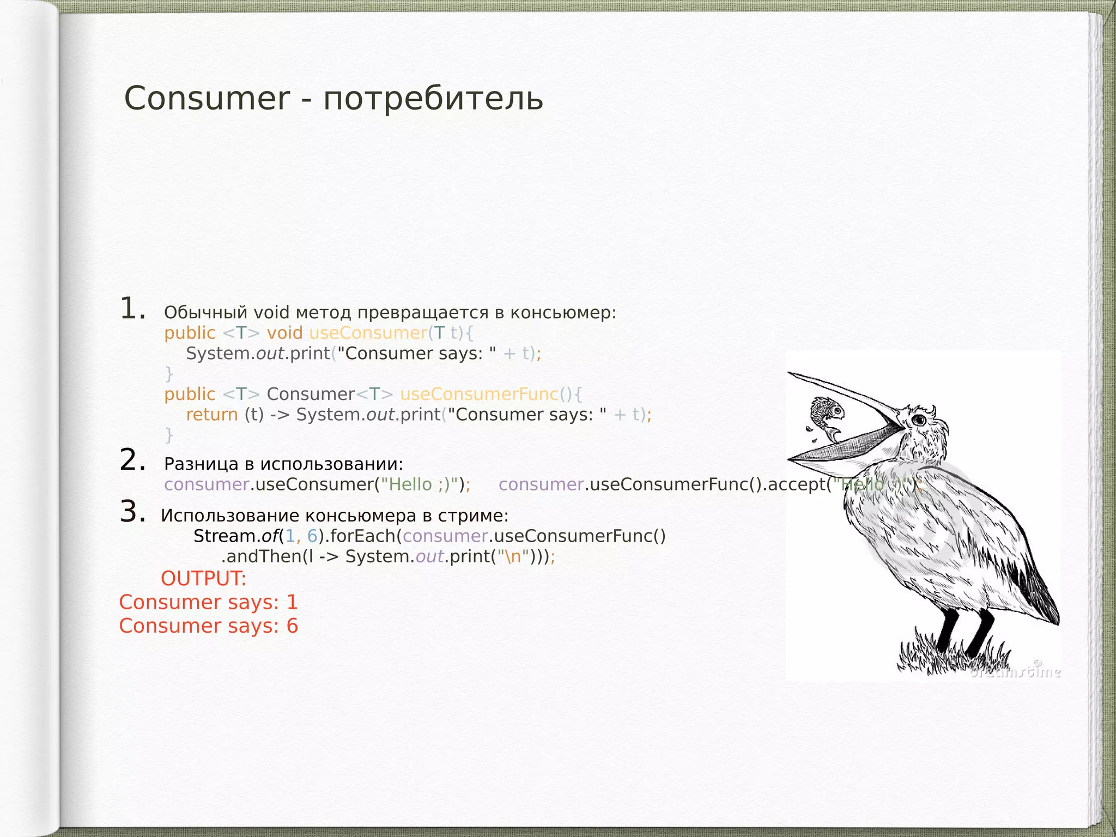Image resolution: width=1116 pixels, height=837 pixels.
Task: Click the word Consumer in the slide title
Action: [207, 99]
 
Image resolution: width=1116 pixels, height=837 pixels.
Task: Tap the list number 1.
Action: [132, 309]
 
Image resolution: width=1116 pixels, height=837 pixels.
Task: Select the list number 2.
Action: [132, 460]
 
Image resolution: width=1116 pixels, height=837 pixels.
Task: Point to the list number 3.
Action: [132, 512]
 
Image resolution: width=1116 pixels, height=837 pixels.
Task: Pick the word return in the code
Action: [212, 415]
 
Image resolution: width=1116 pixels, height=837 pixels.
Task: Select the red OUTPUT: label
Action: [203, 579]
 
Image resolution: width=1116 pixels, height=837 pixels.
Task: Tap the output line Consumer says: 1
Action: [208, 602]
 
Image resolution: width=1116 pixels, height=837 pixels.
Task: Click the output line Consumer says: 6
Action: [208, 626]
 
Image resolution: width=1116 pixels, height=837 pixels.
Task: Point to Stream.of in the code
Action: [235, 536]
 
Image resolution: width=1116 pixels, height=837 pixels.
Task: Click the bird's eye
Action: [919, 420]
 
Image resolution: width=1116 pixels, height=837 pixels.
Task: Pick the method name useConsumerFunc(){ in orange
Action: [490, 394]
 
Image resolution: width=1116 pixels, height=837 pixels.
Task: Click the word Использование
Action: [229, 515]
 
